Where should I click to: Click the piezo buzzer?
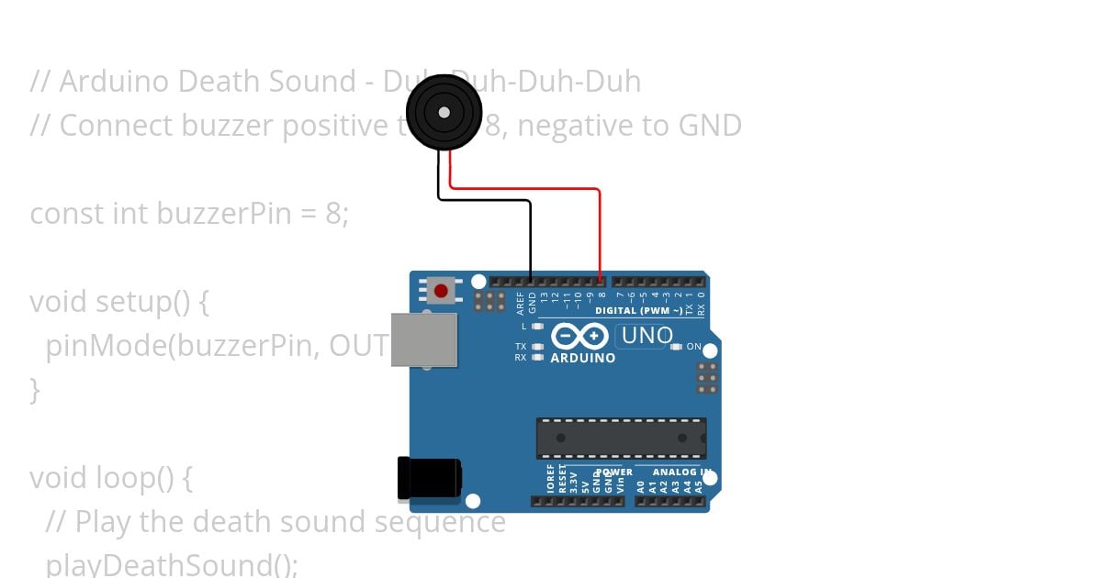tap(444, 112)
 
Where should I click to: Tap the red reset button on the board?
tap(441, 291)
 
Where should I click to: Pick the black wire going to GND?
tap(530, 239)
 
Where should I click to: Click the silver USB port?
tap(423, 339)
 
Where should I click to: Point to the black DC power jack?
tap(428, 478)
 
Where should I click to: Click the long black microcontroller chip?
tap(621, 439)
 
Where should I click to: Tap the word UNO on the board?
tap(647, 336)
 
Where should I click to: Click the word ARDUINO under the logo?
tap(582, 358)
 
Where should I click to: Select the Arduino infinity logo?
tap(580, 336)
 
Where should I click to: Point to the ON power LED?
tap(677, 347)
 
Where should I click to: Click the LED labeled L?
tap(537, 326)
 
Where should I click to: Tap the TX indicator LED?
tap(537, 347)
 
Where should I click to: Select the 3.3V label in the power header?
tap(573, 482)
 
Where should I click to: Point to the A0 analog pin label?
tap(640, 484)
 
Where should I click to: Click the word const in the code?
tap(67, 214)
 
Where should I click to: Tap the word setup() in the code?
tap(145, 302)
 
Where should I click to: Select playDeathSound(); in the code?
tap(172, 563)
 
